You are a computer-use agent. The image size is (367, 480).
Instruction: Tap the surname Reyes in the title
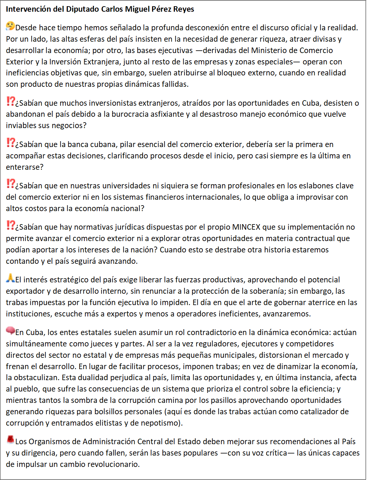183,9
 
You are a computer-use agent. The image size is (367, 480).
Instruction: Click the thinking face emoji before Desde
10,26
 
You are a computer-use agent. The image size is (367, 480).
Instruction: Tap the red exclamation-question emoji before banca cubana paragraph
11,143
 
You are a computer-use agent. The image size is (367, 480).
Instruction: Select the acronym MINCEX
246,227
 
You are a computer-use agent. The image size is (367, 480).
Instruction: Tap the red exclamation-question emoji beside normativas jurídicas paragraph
11,225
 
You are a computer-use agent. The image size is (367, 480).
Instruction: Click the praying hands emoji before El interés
10,278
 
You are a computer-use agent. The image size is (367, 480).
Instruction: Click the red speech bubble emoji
10,331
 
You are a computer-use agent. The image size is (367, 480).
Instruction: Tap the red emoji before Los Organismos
10,440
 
